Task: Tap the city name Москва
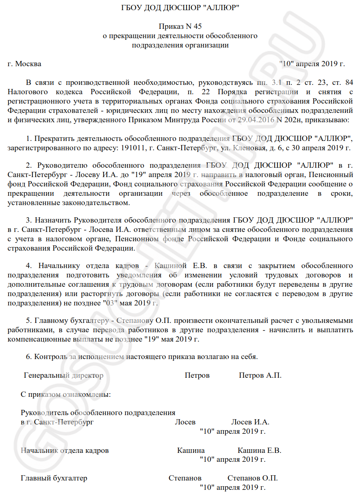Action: [x=28, y=64]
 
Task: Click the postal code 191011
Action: [x=131, y=147]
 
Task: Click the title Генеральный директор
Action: [x=64, y=375]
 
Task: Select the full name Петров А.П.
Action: [x=260, y=375]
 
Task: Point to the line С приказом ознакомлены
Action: [x=66, y=394]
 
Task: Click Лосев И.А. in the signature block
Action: [x=250, y=422]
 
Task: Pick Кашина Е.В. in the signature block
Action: [x=259, y=450]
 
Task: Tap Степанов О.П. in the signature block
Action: [x=252, y=478]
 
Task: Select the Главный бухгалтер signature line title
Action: [x=54, y=478]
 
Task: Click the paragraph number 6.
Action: [x=28, y=357]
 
